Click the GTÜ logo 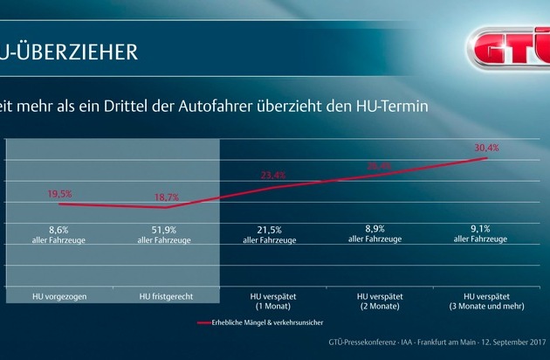pos(506,45)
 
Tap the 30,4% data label pos(486,149)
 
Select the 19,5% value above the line pos(58,194)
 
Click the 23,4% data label pos(273,175)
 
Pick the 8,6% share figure pos(58,229)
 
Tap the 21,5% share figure pos(270,229)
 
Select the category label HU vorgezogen pos(58,298)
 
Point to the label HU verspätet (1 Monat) pos(270,302)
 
